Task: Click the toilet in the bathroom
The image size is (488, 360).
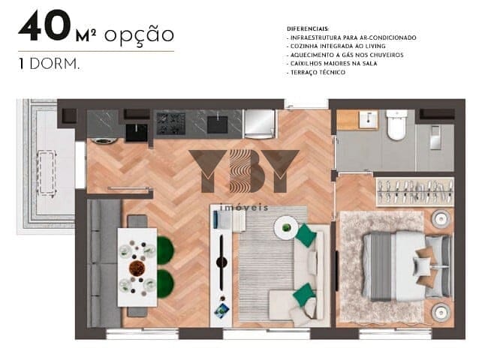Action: [396, 124]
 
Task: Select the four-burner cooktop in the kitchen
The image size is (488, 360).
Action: [171, 124]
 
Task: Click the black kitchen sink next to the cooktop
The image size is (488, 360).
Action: [217, 124]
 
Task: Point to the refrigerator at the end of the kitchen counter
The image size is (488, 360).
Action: [259, 124]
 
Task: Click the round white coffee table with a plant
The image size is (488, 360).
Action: [286, 228]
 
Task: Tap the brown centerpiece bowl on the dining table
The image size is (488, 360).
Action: [137, 268]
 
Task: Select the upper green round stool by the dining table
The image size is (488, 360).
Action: [165, 250]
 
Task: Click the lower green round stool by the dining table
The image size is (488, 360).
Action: [165, 283]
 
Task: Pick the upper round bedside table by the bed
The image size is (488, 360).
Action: [441, 218]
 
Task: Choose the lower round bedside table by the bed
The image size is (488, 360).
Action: [441, 312]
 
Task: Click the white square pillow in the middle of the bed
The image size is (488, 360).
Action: [422, 266]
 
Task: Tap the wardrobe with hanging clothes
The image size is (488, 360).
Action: [415, 192]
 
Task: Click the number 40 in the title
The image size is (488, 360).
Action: [45, 26]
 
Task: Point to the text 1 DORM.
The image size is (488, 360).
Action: [49, 64]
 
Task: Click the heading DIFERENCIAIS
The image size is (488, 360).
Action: [308, 29]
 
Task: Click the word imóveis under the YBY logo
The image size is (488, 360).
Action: [244, 208]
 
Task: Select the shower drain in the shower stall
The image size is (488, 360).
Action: [435, 137]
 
